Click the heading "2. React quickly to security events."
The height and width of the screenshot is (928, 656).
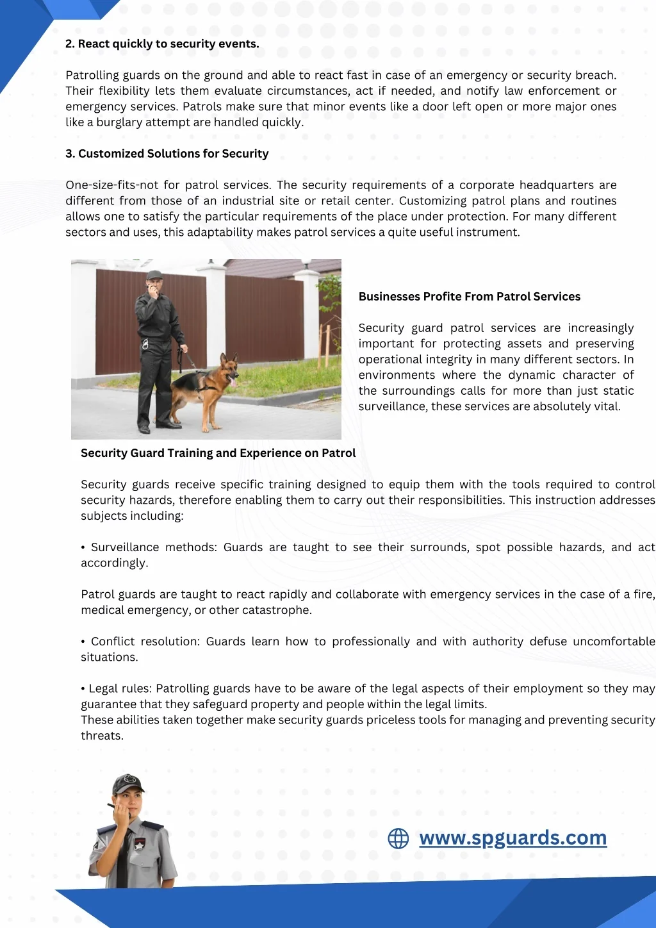pos(162,44)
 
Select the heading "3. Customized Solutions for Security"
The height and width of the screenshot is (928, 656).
pos(167,154)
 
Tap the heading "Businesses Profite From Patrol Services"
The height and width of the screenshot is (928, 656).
pos(469,297)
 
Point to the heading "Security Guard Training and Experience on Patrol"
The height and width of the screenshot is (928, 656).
pos(218,453)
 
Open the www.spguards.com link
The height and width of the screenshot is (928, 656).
pos(512,838)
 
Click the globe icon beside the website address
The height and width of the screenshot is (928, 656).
pos(398,838)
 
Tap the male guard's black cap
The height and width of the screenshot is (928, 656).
pos(154,276)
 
